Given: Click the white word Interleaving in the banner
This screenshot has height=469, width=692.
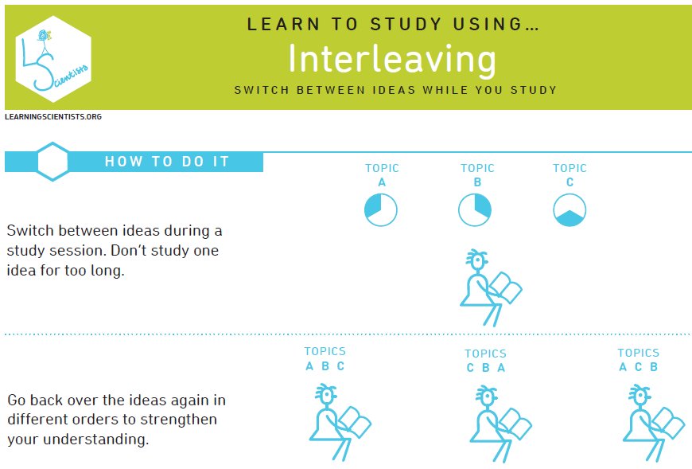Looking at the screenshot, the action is pos(392,59).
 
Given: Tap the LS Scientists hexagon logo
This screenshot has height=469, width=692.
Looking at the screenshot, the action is pos(53,59).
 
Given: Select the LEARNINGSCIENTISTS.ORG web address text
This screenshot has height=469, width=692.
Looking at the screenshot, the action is pos(53,116).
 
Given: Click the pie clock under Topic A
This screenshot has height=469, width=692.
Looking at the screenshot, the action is pos(380,209).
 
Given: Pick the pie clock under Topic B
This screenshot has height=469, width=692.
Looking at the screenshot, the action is pos(475,209).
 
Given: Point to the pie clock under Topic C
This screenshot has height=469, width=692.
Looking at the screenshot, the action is pos(570,209).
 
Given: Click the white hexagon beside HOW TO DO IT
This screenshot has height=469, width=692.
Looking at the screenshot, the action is pos(52,162).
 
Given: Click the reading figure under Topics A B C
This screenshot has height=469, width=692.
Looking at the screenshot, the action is pos(340,423).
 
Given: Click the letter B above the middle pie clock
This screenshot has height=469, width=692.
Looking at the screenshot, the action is pos(477,182).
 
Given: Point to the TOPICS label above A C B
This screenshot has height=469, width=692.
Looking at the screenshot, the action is pos(638,353).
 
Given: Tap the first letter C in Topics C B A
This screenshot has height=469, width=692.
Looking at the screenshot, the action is pos(470,368).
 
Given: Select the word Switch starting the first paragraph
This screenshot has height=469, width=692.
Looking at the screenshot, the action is pos(30,231).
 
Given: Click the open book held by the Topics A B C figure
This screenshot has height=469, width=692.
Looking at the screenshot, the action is pos(355,422).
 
